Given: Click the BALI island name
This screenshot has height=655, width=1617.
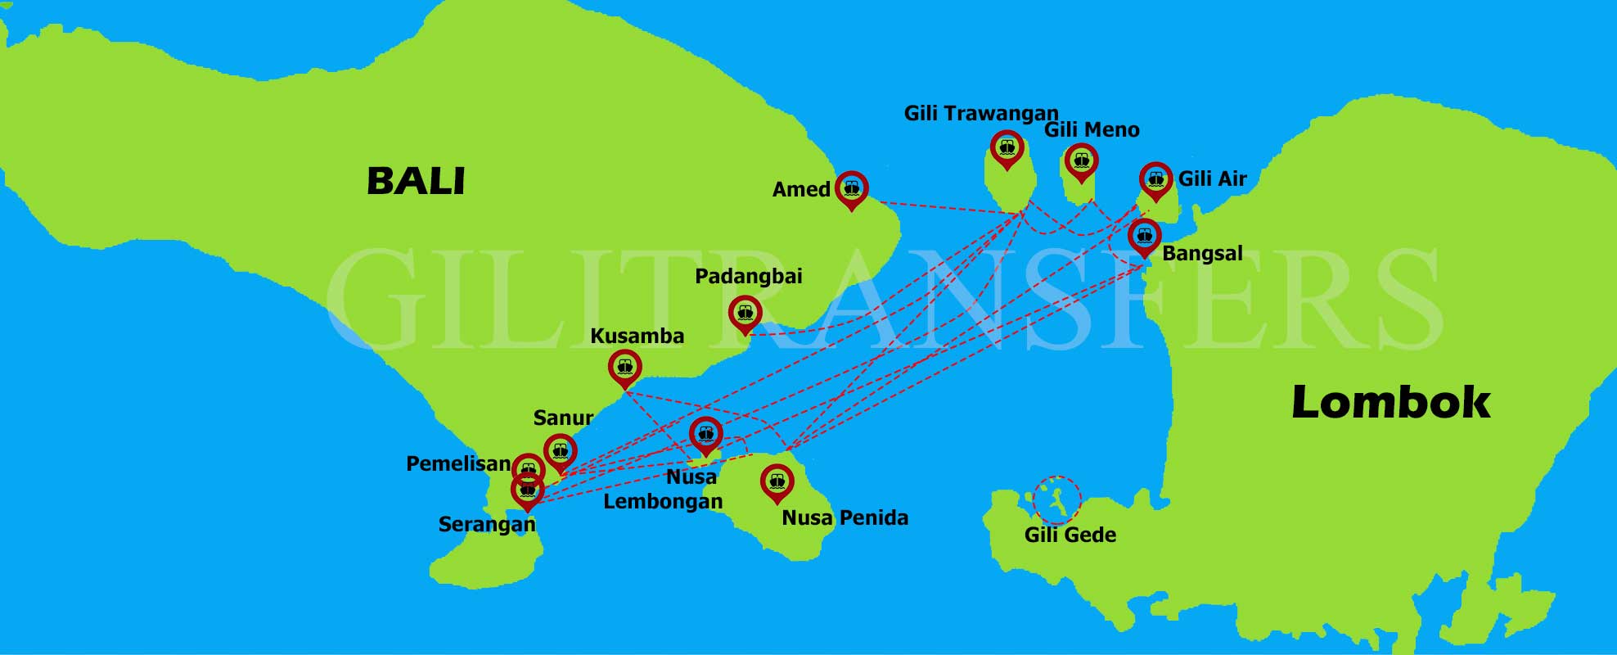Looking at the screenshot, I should (x=416, y=181).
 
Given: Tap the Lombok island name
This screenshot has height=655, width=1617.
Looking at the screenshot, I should (x=1390, y=402).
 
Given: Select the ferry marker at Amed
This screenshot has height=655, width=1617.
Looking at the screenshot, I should (x=852, y=188).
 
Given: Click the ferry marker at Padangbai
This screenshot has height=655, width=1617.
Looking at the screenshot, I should (x=745, y=312).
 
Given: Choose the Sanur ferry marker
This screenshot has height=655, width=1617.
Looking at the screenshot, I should (x=561, y=450).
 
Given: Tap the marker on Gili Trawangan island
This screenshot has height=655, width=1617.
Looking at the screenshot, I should (x=1007, y=147).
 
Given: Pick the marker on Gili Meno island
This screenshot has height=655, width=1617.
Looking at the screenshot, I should (x=1081, y=160).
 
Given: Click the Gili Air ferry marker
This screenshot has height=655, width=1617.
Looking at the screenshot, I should (x=1155, y=178).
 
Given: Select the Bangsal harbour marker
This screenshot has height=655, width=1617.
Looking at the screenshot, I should (x=1144, y=235).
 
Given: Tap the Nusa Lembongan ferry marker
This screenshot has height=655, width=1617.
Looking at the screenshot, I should (x=705, y=433).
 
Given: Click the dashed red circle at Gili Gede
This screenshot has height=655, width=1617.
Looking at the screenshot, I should (x=1056, y=499).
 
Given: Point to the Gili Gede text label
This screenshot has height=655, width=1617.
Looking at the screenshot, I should (x=1070, y=535).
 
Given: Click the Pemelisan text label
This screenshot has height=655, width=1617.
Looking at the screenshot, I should (x=458, y=464).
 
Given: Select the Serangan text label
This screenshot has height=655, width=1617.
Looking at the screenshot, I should (x=486, y=524).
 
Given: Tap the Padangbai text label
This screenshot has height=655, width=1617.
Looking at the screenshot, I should (x=748, y=276).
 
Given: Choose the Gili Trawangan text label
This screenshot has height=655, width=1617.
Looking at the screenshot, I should (x=980, y=113).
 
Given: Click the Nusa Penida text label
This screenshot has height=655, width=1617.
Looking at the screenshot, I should (x=845, y=517).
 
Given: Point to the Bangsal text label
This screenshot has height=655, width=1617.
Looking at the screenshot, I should (x=1201, y=253).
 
